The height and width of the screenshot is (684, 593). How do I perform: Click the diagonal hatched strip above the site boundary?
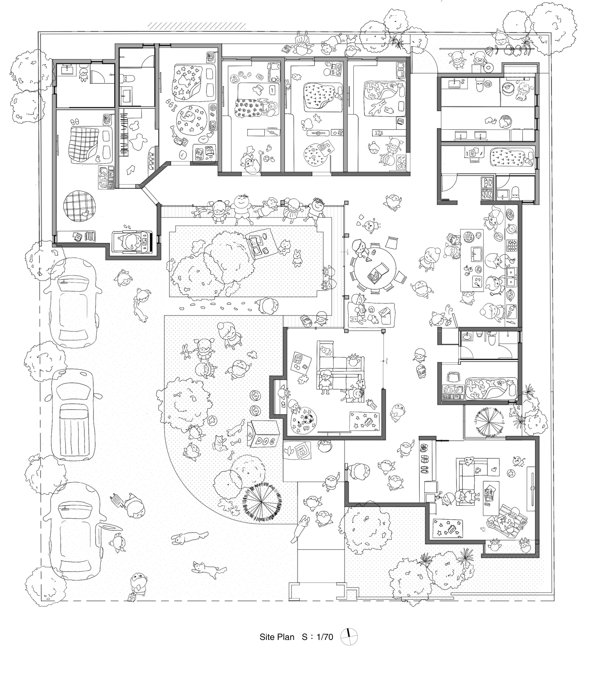pos(197,26)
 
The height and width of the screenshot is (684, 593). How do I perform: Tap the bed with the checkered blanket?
pos(90,144)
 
